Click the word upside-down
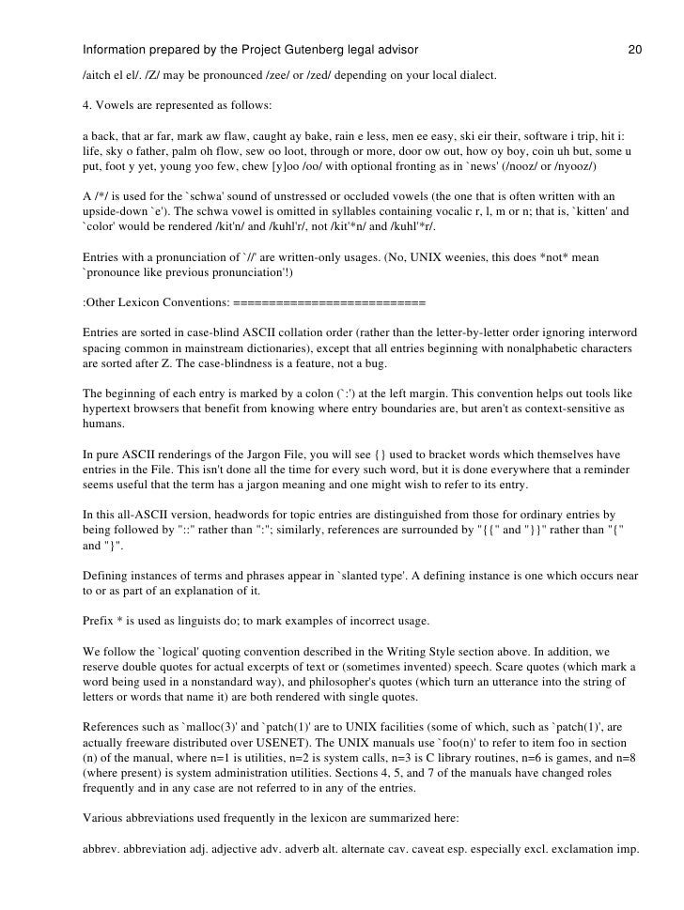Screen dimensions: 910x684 pyautogui.click(x=117, y=213)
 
